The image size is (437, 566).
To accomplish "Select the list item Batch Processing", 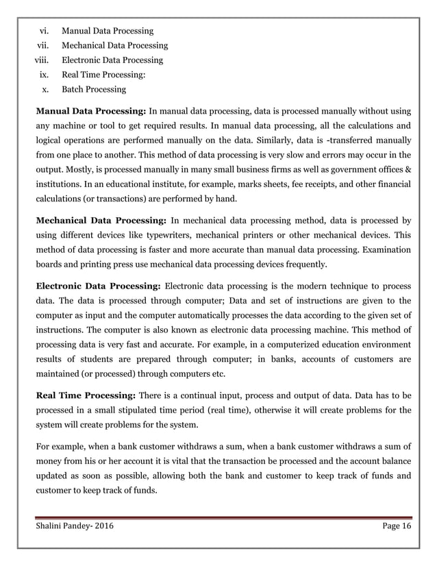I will click(94, 89).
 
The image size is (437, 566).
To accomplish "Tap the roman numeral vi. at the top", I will click(46, 31).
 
